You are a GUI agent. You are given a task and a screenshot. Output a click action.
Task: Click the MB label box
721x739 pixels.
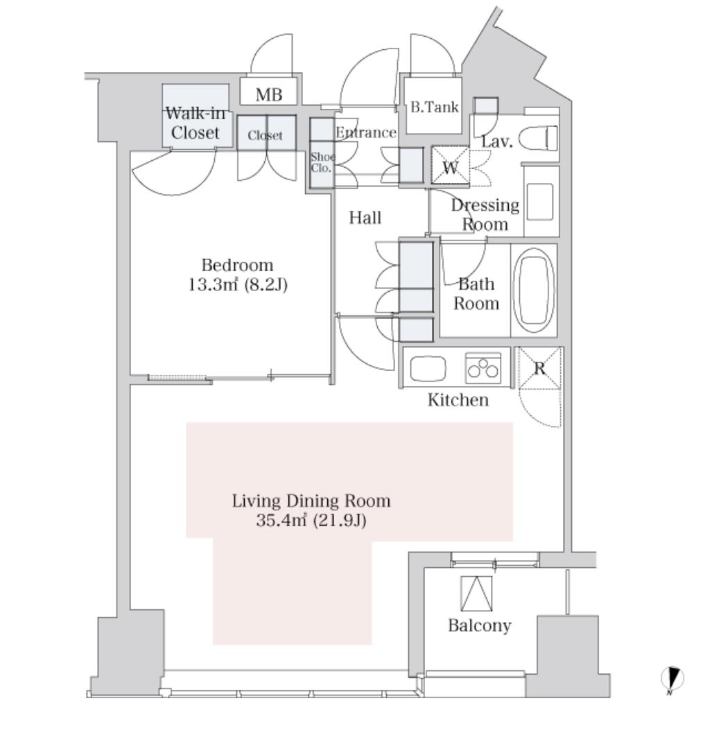pos(269,94)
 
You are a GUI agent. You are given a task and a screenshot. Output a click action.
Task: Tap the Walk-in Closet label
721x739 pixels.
pos(195,123)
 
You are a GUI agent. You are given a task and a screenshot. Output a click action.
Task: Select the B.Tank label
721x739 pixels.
pos(433,107)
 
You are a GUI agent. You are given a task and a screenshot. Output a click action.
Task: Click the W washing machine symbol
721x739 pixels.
pos(450,166)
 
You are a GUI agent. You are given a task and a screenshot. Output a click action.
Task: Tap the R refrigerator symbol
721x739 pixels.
pos(539,368)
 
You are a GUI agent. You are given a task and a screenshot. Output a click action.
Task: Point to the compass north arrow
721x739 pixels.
pos(672,679)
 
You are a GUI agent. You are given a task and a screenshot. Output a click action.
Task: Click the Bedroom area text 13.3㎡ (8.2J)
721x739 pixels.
pos(238,284)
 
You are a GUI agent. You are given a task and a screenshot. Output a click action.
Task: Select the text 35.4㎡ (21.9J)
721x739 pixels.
pos(311,519)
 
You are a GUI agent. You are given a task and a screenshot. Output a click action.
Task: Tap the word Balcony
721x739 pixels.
pos(479,625)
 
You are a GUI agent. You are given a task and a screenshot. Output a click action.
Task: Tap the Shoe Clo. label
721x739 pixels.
pos(321,162)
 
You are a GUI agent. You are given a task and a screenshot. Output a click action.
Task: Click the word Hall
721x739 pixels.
pos(365,218)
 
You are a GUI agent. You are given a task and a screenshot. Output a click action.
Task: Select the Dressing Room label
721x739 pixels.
pos(485,214)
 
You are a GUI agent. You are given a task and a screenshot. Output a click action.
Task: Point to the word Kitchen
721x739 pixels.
pos(458,400)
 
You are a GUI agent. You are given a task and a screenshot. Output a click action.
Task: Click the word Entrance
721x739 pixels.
pos(365,132)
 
